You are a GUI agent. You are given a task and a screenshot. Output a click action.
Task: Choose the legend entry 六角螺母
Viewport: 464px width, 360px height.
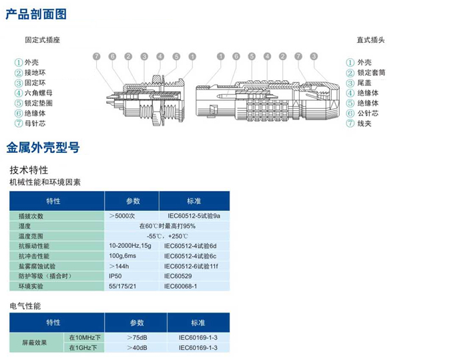pos(38,93)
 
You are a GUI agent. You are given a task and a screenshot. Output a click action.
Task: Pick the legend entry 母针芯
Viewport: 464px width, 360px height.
pos(34,124)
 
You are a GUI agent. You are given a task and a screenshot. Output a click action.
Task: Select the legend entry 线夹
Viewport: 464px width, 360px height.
pos(364,124)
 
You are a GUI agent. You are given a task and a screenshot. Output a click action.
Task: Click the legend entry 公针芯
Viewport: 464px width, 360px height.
pos(367,114)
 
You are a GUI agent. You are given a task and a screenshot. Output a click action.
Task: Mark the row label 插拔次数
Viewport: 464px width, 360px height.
pos(31,216)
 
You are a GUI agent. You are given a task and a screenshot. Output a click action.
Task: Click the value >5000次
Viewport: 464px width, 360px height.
pos(123,216)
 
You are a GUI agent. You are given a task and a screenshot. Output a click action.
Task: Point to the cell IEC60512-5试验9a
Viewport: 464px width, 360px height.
pos(193,216)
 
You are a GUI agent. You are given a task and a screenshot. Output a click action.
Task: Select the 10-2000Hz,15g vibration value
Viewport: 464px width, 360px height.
pos(130,246)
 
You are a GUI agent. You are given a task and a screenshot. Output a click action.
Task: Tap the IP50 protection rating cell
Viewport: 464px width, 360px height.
pos(116,276)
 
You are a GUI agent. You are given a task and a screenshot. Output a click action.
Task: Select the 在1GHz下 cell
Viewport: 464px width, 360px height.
pos(83,348)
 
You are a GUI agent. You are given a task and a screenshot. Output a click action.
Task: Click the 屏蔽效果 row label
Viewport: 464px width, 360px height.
pos(35,343)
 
